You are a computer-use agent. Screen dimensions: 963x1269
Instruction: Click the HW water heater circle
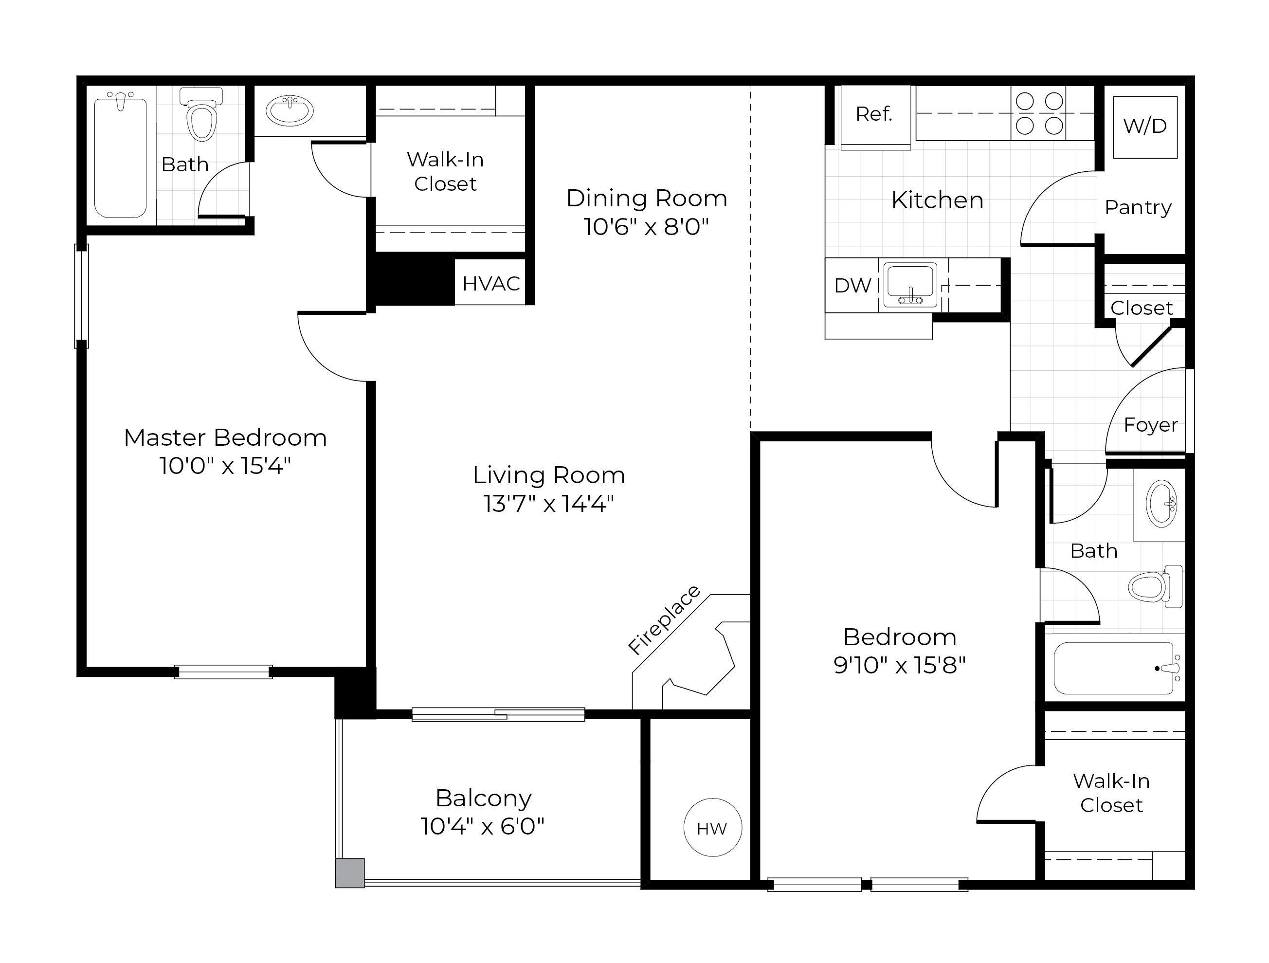pyautogui.click(x=712, y=828)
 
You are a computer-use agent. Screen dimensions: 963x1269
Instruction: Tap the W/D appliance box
pyautogui.click(x=1144, y=127)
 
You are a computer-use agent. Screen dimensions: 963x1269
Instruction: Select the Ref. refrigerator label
pyautogui.click(x=874, y=114)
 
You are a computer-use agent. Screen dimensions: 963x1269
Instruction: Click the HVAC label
pyautogui.click(x=490, y=283)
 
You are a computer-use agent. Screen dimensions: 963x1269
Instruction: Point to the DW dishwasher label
pyautogui.click(x=852, y=286)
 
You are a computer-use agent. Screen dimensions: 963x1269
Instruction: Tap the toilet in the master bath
pyautogui.click(x=201, y=118)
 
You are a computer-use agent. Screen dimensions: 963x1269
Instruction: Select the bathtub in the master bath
pyautogui.click(x=121, y=158)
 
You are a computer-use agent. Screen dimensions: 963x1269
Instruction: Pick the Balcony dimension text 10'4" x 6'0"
pyautogui.click(x=482, y=826)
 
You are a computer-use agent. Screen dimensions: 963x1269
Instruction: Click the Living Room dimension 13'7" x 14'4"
pyautogui.click(x=548, y=504)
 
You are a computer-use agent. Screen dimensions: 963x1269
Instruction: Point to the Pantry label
pyautogui.click(x=1138, y=208)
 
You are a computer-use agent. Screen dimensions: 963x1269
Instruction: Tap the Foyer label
pyautogui.click(x=1150, y=425)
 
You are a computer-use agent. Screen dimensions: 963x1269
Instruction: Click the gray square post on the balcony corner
pyautogui.click(x=349, y=873)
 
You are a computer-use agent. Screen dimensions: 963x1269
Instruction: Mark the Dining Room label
pyautogui.click(x=647, y=199)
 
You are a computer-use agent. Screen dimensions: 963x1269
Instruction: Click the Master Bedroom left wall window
pyautogui.click(x=81, y=296)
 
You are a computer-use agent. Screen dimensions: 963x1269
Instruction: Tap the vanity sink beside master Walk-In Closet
pyautogui.click(x=290, y=110)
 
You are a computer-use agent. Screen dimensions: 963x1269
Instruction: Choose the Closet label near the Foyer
pyautogui.click(x=1141, y=309)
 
